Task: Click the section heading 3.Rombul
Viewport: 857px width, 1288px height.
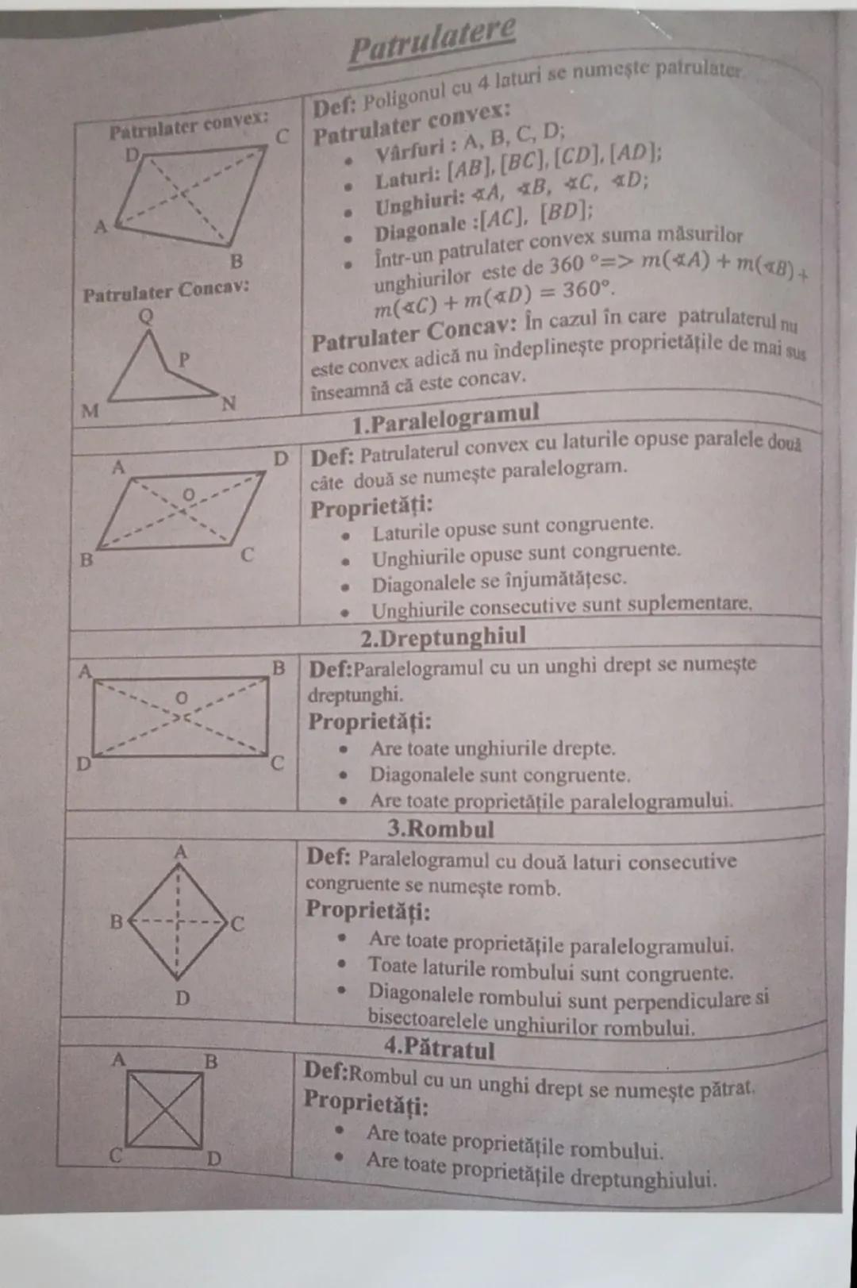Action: [x=440, y=829]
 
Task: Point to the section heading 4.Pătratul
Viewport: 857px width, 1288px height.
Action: [x=440, y=1048]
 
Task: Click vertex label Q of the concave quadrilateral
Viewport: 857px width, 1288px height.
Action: [x=146, y=317]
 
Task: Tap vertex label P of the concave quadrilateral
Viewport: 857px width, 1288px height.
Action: [x=184, y=359]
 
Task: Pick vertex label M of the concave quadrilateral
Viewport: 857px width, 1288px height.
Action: [x=90, y=410]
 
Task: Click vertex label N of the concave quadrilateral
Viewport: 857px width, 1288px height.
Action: [x=229, y=404]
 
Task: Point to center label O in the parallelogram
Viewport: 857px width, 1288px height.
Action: [x=188, y=495]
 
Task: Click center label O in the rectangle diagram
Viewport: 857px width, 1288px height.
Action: [x=182, y=698]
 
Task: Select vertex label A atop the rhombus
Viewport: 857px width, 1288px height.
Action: [x=180, y=852]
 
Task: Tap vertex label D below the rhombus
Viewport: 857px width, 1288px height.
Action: [x=182, y=998]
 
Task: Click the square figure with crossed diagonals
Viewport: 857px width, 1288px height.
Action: [x=164, y=1109]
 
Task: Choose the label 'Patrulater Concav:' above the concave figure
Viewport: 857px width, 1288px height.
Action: [x=166, y=291]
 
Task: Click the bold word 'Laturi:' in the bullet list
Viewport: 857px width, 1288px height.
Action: [x=408, y=178]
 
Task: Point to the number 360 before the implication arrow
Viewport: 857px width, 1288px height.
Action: [x=567, y=264]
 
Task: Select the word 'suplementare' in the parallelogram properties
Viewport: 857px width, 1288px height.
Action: [x=694, y=603]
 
